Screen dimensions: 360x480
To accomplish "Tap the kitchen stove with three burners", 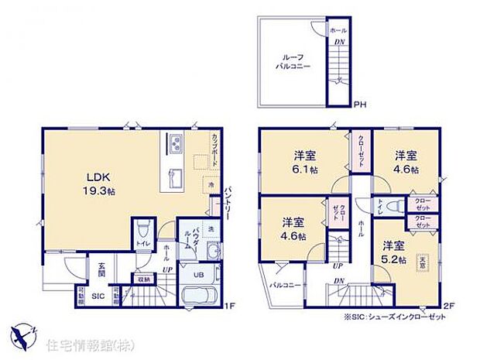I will click(x=175, y=142).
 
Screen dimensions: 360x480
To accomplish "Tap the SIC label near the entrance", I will click(x=98, y=296).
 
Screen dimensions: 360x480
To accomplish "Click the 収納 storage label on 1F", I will click(x=143, y=279).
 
